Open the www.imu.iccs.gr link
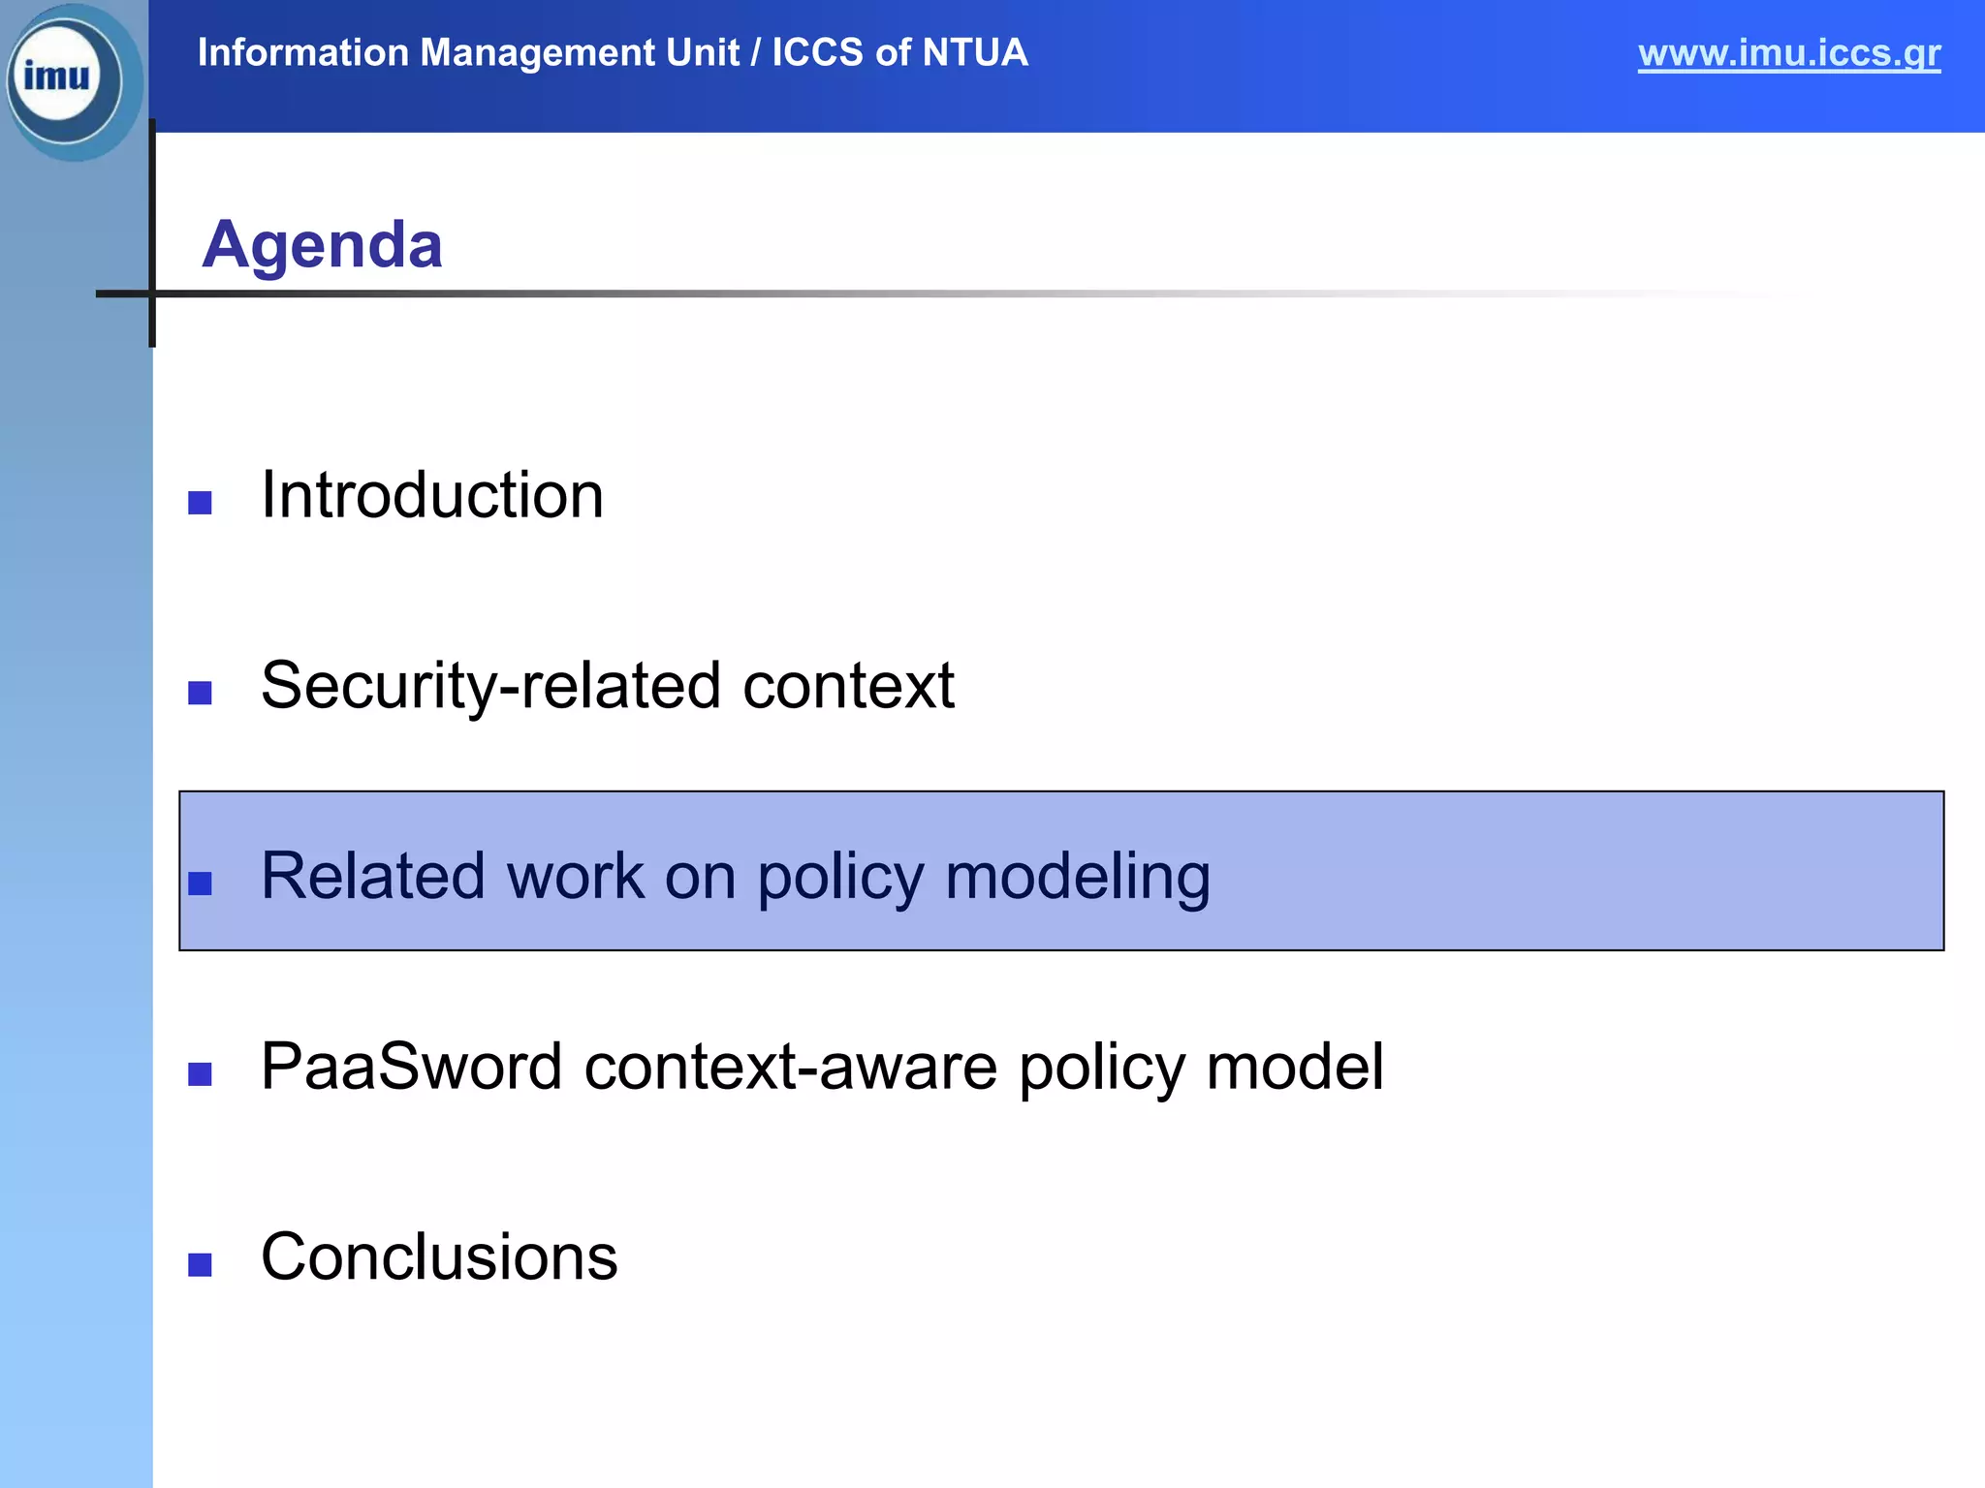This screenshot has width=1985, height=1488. pos(1788,52)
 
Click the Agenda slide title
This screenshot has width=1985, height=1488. pos(322,244)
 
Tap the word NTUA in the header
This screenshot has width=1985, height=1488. pos(975,52)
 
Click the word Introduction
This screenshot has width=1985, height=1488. pos(432,495)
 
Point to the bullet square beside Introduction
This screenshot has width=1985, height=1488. pos(200,503)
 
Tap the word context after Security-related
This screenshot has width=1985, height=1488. pos(848,686)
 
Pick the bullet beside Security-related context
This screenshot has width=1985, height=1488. pos(200,693)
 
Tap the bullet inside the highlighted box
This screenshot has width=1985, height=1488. pos(200,883)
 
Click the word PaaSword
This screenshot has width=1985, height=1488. pos(411,1067)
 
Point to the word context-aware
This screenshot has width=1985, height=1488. pos(790,1067)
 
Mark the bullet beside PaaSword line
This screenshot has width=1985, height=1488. pos(200,1074)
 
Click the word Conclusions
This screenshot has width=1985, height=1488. pos(439,1257)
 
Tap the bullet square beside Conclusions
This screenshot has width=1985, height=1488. pos(200,1265)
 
